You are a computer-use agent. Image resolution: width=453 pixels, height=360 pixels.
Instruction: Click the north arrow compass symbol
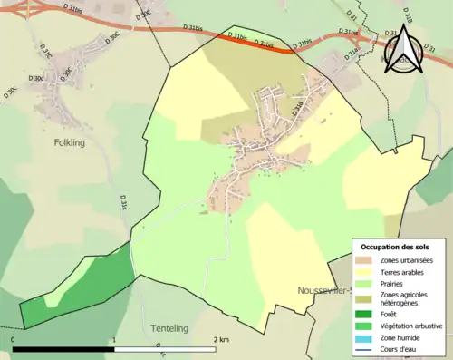pyautogui.click(x=400, y=53)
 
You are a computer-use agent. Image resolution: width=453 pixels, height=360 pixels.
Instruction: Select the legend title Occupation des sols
pyautogui.click(x=395, y=247)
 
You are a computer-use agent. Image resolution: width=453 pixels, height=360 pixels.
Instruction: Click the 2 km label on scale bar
pyautogui.click(x=220, y=339)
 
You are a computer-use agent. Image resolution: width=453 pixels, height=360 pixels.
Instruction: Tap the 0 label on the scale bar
pyautogui.click(x=14, y=339)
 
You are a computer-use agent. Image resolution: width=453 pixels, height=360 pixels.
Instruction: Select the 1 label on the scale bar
pyautogui.click(x=114, y=339)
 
